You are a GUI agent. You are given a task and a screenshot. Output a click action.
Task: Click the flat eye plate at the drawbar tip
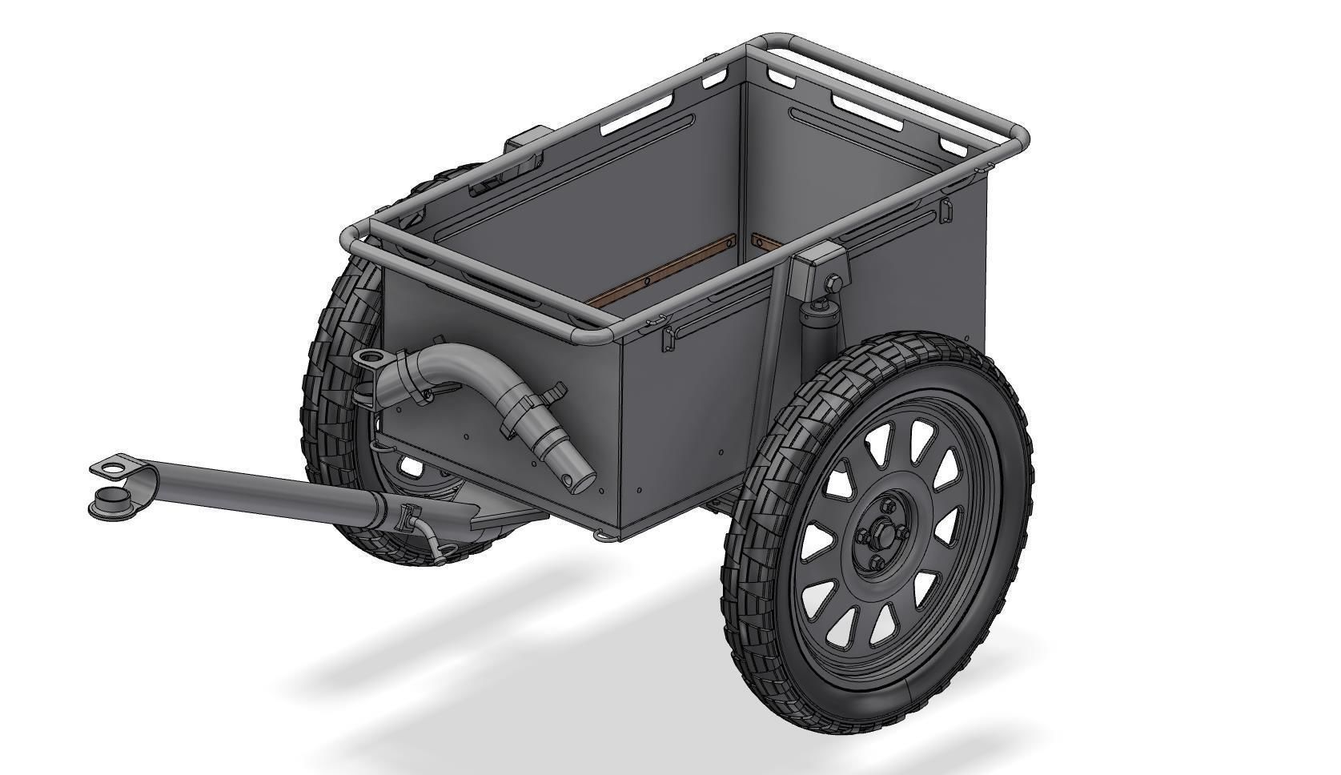(x=113, y=465)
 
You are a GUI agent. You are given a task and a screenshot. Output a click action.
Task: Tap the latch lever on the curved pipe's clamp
(x=552, y=393)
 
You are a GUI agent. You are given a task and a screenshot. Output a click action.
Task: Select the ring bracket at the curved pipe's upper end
(x=369, y=358)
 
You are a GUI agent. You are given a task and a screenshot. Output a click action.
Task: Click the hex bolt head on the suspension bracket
(x=832, y=283)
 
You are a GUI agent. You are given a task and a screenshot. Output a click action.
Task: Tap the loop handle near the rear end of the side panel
(x=946, y=211)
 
